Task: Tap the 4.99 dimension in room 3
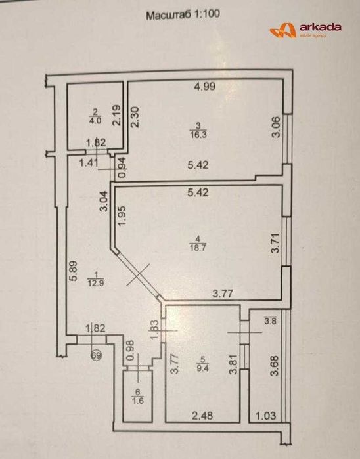[x=204, y=86]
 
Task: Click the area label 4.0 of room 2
[x=95, y=120]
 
